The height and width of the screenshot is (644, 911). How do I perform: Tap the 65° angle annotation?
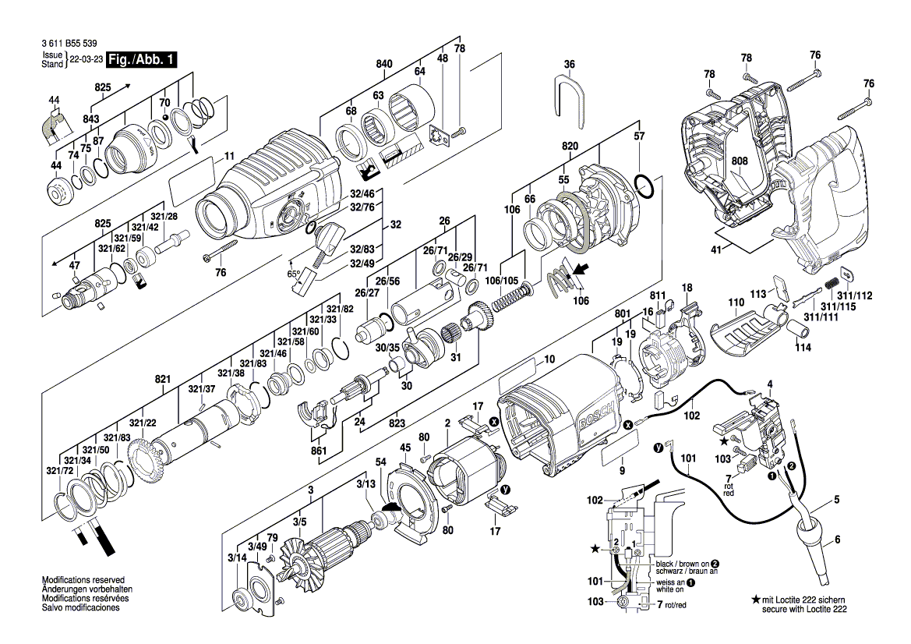294,274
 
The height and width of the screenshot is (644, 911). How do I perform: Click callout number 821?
162,378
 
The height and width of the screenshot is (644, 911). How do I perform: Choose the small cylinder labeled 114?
802,335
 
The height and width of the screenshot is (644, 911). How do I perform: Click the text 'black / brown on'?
681,563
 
